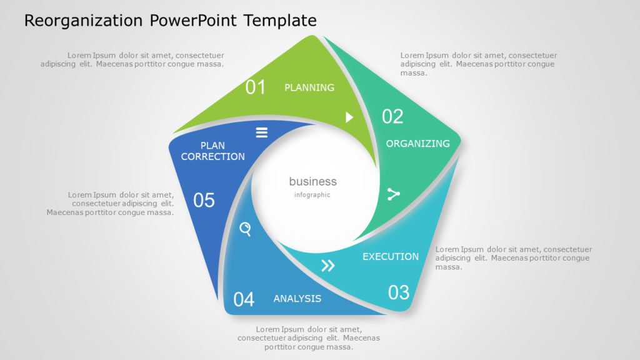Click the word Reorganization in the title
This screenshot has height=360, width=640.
[x=83, y=21]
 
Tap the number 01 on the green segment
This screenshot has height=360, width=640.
[x=255, y=87]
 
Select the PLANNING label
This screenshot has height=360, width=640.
[x=309, y=87]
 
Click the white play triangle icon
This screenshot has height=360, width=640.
[x=349, y=117]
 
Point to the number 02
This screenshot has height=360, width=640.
[x=392, y=116]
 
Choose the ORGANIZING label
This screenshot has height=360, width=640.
[x=417, y=144]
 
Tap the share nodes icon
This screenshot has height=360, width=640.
[x=393, y=194]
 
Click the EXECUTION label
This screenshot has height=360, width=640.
[x=391, y=256]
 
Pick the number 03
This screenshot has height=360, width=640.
[x=399, y=292]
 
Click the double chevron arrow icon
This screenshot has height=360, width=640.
[x=327, y=266]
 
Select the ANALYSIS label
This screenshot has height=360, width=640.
[x=297, y=299]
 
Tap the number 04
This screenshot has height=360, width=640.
[x=244, y=299]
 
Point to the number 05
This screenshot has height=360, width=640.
[x=204, y=201]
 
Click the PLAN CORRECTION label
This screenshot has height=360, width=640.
[x=213, y=151]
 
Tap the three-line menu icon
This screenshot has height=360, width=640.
[x=262, y=132]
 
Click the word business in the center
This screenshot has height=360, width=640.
[x=312, y=182]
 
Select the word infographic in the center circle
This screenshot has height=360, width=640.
[x=312, y=195]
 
